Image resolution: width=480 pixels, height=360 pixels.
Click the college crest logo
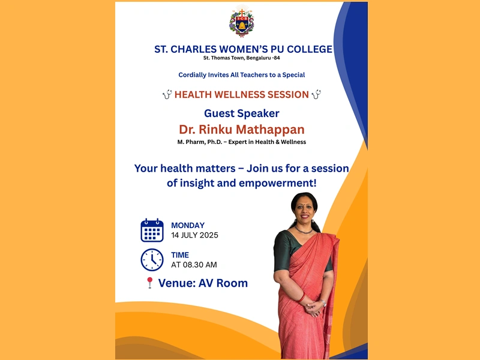[x=242, y=21]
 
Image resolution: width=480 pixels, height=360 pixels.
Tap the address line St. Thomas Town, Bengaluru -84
[x=242, y=58]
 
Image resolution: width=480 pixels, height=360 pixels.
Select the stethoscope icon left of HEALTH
[x=167, y=94]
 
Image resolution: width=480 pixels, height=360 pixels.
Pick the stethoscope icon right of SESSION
[x=316, y=94]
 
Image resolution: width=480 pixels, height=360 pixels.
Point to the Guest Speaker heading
[x=242, y=113]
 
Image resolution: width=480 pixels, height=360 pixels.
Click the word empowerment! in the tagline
[x=277, y=183]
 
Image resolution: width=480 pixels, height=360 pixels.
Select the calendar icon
[x=152, y=230]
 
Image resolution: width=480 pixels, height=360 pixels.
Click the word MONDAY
[x=188, y=226]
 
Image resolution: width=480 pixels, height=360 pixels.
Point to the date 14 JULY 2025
[x=194, y=235]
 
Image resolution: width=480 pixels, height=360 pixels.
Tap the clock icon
[x=152, y=260]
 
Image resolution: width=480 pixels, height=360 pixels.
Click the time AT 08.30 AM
[x=194, y=265]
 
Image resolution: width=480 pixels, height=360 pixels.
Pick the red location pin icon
[x=149, y=283]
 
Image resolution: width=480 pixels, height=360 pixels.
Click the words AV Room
[x=223, y=283]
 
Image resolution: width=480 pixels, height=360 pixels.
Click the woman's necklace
[x=304, y=230]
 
